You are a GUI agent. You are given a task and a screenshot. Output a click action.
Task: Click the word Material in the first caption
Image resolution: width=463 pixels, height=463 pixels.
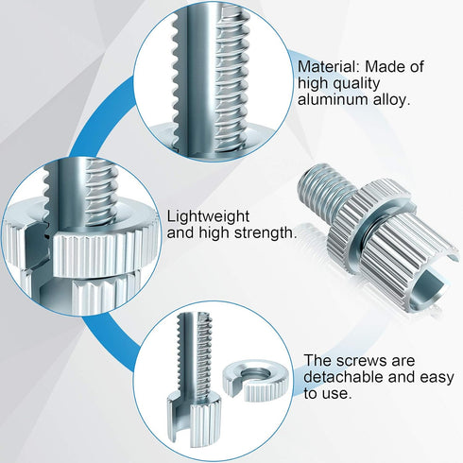328,67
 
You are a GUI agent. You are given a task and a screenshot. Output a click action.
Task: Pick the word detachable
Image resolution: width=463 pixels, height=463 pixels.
343,377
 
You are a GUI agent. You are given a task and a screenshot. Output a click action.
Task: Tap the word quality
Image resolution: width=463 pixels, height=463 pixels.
356,84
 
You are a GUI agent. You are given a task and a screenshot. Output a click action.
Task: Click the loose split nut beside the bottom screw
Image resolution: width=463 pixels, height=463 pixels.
255,382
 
